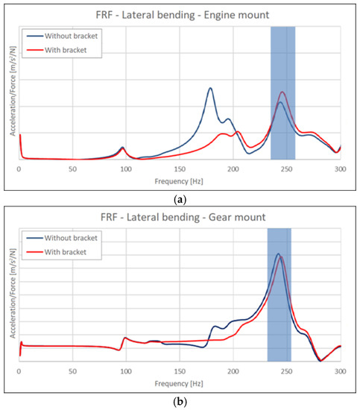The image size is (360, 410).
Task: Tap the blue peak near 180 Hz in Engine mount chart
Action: (210, 88)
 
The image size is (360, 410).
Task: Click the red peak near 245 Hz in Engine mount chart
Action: (282, 92)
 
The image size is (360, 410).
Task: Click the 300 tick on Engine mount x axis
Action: (341, 170)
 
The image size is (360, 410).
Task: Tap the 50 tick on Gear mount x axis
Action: (72, 370)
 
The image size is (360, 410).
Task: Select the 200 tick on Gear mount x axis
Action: (233, 370)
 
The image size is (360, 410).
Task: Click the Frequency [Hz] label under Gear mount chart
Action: (180, 382)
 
